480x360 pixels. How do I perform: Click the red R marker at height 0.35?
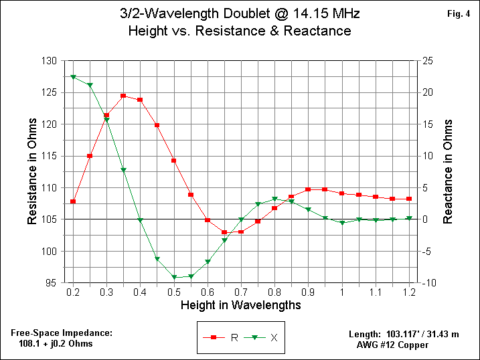pos(123,96)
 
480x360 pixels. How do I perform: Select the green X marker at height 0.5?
pos(174,277)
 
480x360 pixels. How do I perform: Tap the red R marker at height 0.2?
pos(73,201)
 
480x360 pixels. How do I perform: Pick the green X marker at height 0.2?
pos(73,77)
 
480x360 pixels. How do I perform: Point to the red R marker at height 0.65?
pos(224,232)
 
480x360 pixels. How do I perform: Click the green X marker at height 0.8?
pos(274,199)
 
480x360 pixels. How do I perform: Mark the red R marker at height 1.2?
pos(409,199)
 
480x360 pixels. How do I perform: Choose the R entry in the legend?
pos(223,337)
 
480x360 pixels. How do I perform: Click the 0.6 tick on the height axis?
pos(208,292)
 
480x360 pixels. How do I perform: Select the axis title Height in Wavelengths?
pos(240,305)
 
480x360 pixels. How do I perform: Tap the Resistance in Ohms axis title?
pos(31,172)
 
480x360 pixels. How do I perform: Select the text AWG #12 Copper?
pos(393,345)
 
